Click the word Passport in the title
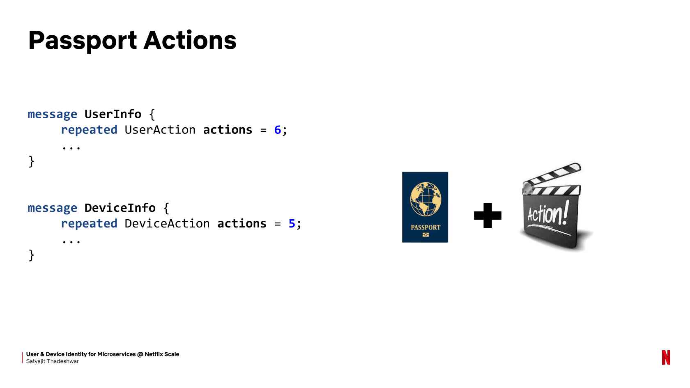pyautogui.click(x=83, y=41)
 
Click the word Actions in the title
pyautogui.click(x=190, y=40)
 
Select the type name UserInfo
pyautogui.click(x=113, y=114)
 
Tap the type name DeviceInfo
pyautogui.click(x=120, y=208)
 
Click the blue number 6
pyautogui.click(x=278, y=130)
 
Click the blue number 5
pyautogui.click(x=292, y=223)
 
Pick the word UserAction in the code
pyautogui.click(x=160, y=130)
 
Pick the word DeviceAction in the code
pyautogui.click(x=167, y=223)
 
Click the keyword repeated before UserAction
pyautogui.click(x=89, y=130)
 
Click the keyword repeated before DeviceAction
pyautogui.click(x=89, y=224)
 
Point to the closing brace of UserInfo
pyautogui.click(x=31, y=161)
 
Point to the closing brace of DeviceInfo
pyautogui.click(x=31, y=255)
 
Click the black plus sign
pyautogui.click(x=488, y=216)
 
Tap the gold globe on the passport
pyautogui.click(x=425, y=199)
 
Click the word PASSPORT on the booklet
pyautogui.click(x=425, y=227)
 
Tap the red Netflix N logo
pyautogui.click(x=666, y=358)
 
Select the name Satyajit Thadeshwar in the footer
pyautogui.click(x=53, y=361)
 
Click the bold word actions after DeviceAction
pyautogui.click(x=242, y=223)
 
